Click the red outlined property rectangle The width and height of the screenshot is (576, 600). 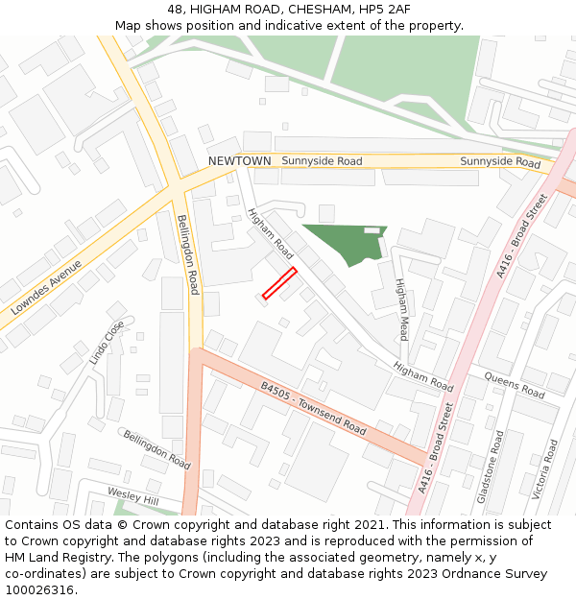[x=279, y=284]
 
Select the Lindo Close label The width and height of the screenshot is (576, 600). [x=107, y=343]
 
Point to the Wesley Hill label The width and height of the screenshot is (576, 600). [x=132, y=495]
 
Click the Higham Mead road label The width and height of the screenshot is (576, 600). [x=402, y=309]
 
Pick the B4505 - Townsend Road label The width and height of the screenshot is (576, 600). [x=313, y=409]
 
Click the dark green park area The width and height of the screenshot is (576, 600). [x=341, y=245]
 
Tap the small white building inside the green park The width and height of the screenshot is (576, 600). [x=372, y=230]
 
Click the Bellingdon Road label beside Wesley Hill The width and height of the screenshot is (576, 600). [x=156, y=448]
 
